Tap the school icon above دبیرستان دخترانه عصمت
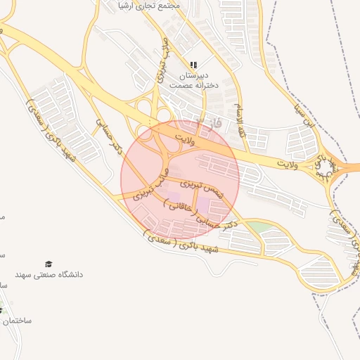tap(193, 65)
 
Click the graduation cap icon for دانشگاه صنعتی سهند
tap(49, 264)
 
